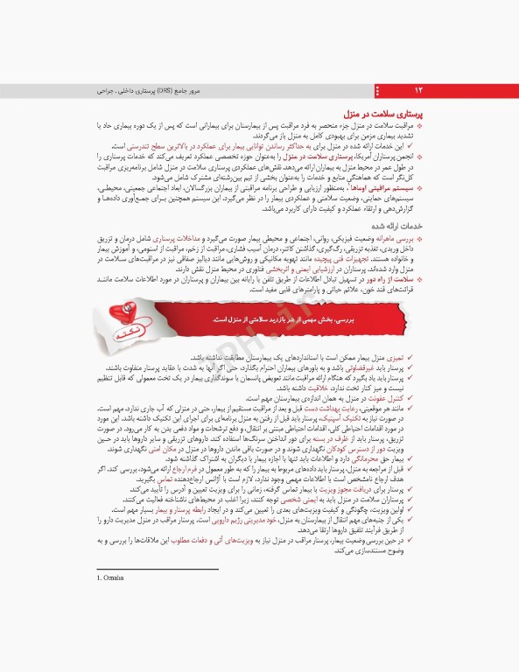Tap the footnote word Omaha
point(112,577)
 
